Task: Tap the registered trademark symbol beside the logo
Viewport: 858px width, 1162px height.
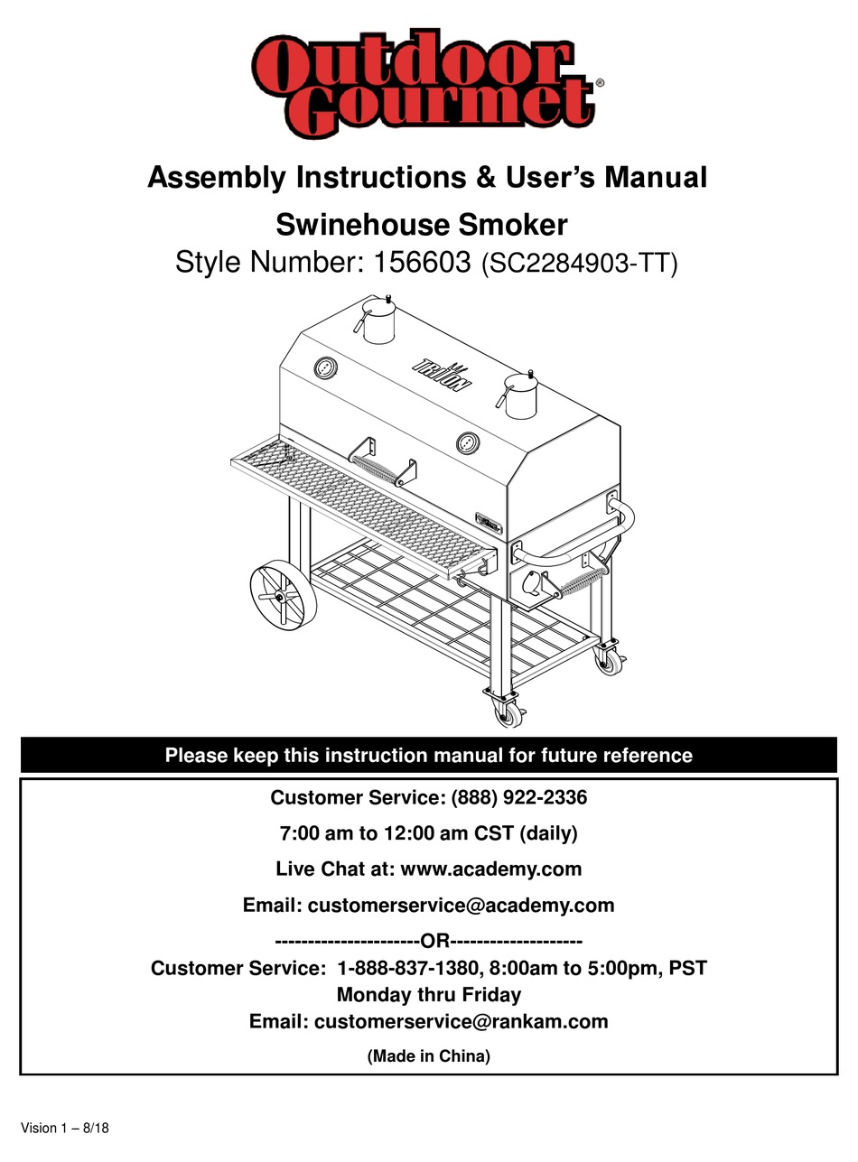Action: pos(600,83)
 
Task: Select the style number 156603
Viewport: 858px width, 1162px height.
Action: pos(417,263)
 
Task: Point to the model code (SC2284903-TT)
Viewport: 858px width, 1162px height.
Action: pos(579,264)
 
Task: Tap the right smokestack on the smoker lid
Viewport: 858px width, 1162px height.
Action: pos(521,395)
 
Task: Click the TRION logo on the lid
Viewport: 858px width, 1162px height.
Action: pos(443,373)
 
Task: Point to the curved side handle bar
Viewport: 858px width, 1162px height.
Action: pos(587,542)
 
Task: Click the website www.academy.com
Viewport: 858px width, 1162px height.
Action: pos(490,869)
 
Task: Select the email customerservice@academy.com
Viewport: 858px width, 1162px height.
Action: pos(461,905)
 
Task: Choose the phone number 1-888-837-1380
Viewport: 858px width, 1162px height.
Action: pos(407,968)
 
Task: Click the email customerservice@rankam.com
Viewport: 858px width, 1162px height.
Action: pos(461,1021)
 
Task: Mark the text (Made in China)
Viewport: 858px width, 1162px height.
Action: pos(428,1055)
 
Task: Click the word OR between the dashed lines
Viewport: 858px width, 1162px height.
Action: pos(435,941)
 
